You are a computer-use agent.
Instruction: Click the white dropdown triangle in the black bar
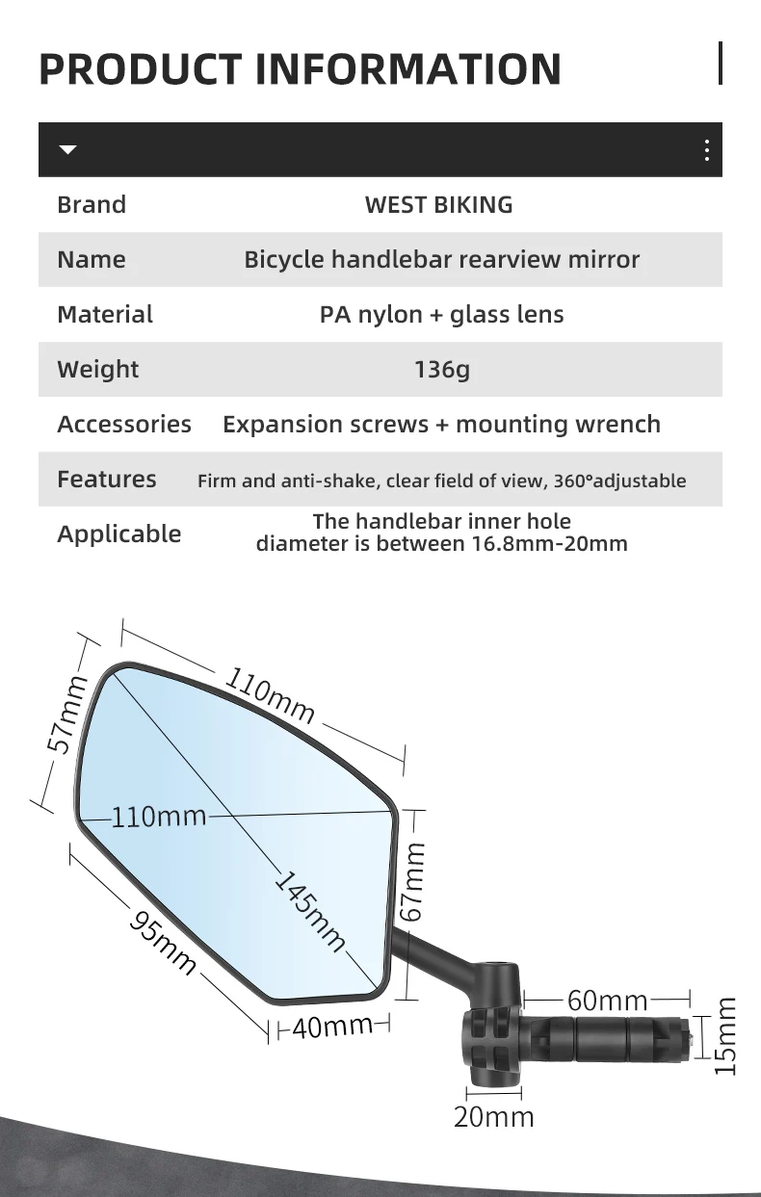coord(67,150)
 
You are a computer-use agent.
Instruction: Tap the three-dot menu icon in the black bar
coord(706,150)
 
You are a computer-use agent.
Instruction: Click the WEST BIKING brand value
coord(438,204)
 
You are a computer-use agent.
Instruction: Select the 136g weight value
coord(442,369)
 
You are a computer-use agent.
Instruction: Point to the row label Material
coord(105,314)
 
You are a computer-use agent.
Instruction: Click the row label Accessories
coord(124,424)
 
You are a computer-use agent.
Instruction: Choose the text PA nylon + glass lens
coord(441,314)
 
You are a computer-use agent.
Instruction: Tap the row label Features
coord(106,479)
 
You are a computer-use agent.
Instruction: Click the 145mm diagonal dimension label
coord(310,911)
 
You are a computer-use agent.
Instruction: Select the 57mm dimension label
coord(66,714)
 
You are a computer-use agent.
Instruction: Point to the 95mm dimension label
coord(164,944)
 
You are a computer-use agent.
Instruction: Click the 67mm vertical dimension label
coord(414,881)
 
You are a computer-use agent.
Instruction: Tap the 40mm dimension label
coord(331,1027)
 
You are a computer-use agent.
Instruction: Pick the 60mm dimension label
coord(607,1001)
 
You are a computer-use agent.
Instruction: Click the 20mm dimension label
coord(494,1116)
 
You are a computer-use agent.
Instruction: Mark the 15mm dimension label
coord(726,1036)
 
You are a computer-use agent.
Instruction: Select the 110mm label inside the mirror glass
coord(159,817)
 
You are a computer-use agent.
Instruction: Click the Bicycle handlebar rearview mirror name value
coord(441,259)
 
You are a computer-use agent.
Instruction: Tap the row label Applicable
coord(118,533)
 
